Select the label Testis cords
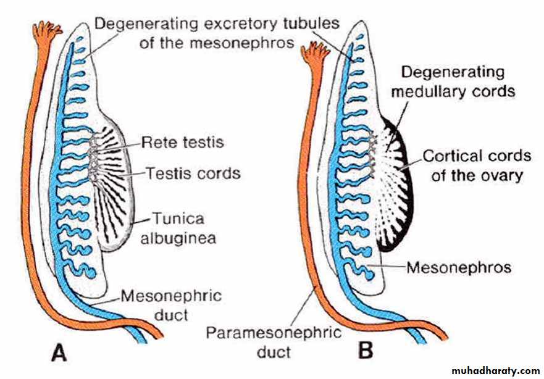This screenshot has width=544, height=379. (x=193, y=173)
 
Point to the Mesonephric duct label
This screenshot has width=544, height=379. (x=170, y=305)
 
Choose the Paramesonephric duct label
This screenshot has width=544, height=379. (x=274, y=343)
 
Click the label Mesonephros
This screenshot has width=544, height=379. (x=459, y=268)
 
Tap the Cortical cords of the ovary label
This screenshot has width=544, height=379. (x=477, y=165)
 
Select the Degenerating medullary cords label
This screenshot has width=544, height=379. (x=458, y=81)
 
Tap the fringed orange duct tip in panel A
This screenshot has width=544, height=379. (x=48, y=29)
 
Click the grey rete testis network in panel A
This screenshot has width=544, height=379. (x=93, y=157)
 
